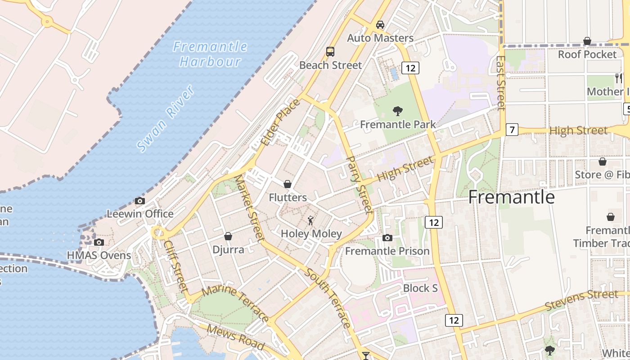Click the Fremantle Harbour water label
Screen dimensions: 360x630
click(210, 54)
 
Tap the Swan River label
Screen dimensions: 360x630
click(166, 118)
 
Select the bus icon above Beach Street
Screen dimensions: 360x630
click(330, 51)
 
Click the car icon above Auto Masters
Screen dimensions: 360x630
click(380, 24)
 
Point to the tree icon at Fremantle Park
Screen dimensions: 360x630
click(397, 111)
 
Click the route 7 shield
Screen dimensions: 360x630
click(512, 130)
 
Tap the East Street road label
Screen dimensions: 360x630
click(501, 83)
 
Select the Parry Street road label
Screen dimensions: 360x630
click(360, 184)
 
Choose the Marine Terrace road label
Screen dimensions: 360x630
click(236, 302)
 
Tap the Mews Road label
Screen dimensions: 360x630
click(235, 337)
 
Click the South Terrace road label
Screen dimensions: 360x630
click(328, 298)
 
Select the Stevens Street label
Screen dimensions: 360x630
click(581, 300)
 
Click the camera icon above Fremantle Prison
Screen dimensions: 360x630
click(387, 238)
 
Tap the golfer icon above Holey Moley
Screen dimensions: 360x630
click(310, 220)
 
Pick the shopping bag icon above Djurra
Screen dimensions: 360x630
click(228, 236)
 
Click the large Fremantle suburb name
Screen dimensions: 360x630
click(512, 197)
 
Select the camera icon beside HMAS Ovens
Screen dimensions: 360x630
click(99, 242)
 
